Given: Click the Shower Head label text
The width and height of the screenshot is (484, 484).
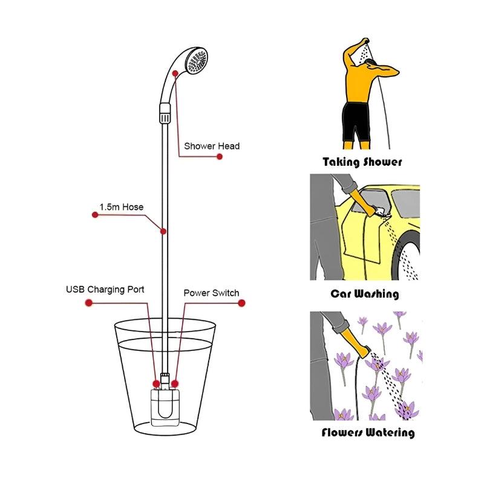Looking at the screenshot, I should coord(212,146).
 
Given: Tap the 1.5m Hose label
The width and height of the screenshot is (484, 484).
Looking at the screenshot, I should coord(122,207).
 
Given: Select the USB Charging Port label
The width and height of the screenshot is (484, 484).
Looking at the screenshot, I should coord(105,289).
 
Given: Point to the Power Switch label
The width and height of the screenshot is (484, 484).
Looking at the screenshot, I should coord(211,293).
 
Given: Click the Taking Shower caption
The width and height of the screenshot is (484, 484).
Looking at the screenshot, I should coord(362,162).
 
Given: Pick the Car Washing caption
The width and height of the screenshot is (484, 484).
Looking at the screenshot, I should coord(364,294).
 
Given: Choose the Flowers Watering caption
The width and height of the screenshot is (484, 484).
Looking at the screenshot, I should coord(368,433).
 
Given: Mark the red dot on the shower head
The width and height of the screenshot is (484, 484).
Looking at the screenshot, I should coord(175,73).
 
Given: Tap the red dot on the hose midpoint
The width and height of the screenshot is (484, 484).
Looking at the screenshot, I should coord(163,231).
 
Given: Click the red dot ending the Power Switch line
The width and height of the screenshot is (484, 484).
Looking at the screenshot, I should coord(242,305).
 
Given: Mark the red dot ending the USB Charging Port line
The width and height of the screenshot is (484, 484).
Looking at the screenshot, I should coord(80,302).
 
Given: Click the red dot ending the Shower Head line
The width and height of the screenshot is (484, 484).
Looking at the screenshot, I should coord(220,157).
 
